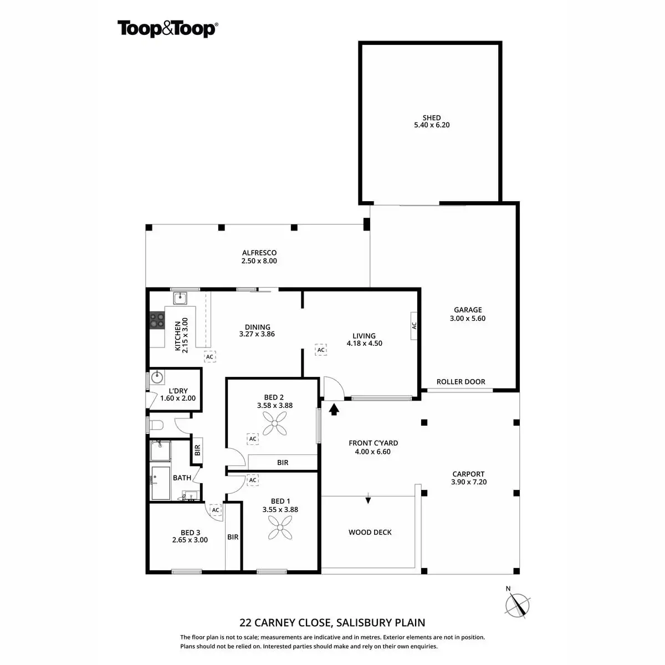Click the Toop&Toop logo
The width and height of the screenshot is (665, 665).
click(167, 28)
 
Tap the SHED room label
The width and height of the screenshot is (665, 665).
click(432, 117)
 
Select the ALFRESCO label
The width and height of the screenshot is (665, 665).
click(259, 253)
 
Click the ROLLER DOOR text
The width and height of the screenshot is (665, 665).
click(461, 382)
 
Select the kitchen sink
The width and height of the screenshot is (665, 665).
click(181, 299)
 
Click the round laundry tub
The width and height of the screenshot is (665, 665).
click(158, 378)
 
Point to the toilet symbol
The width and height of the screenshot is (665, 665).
click(157, 425)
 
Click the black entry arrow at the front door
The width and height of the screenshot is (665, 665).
click(334, 410)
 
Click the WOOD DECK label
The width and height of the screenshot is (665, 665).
click(370, 533)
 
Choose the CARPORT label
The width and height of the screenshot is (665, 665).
click(468, 474)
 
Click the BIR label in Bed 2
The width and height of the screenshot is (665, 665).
click(283, 462)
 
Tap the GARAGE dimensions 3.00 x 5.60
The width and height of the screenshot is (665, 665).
click(468, 319)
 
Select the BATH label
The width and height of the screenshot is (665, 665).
click(182, 478)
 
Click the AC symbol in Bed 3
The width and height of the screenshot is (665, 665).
click(215, 510)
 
